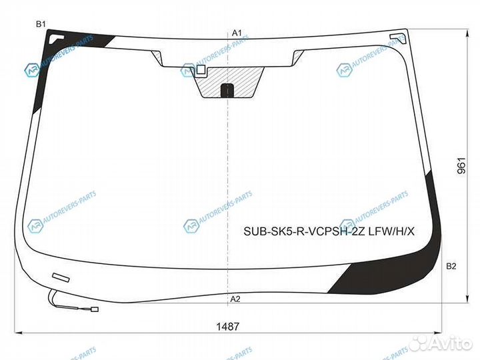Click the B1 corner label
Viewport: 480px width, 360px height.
click(x=41, y=24)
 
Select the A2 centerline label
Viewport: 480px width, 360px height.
click(x=235, y=299)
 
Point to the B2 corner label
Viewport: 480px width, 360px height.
click(x=451, y=267)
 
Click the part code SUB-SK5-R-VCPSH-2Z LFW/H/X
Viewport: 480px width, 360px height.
click(x=329, y=231)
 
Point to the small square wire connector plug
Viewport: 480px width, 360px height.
click(x=94, y=309)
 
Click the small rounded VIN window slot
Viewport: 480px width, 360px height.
click(x=60, y=277)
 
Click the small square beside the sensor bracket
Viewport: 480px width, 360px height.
click(x=201, y=69)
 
